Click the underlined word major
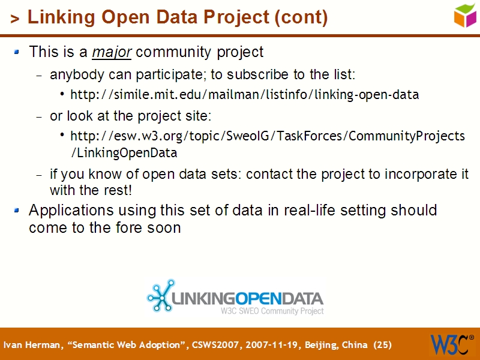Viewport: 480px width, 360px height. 112,52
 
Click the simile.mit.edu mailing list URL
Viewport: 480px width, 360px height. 244,95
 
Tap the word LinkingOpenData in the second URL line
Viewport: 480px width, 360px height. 124,153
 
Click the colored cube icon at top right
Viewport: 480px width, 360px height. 465,15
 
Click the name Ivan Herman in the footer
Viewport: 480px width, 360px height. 25,345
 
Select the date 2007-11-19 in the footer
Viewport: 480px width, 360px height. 269,345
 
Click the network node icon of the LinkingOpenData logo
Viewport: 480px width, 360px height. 160,295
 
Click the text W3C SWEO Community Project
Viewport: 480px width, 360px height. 272,311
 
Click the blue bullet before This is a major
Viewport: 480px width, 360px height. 17,52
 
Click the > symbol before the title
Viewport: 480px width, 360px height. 14,19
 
